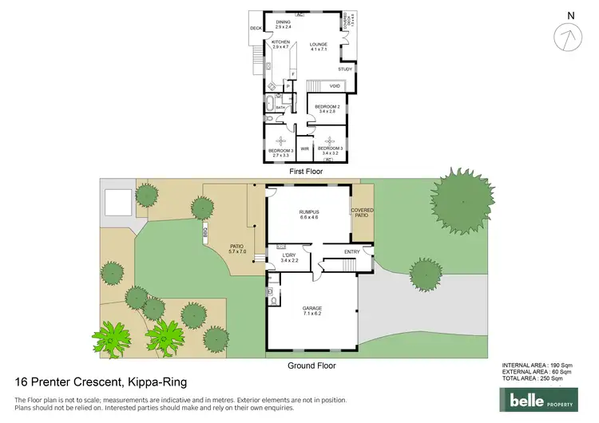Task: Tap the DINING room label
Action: [x=283, y=25]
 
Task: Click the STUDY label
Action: [x=344, y=69]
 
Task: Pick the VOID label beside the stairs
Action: [x=335, y=85]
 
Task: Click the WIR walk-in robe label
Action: [x=304, y=148]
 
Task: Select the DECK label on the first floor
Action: [x=256, y=29]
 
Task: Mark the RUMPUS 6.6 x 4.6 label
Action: [x=308, y=213]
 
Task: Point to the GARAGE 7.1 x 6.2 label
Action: [x=311, y=310]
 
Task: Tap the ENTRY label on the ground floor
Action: [x=351, y=252]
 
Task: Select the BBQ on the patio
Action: [x=205, y=234]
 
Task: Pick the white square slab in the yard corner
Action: [x=117, y=203]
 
